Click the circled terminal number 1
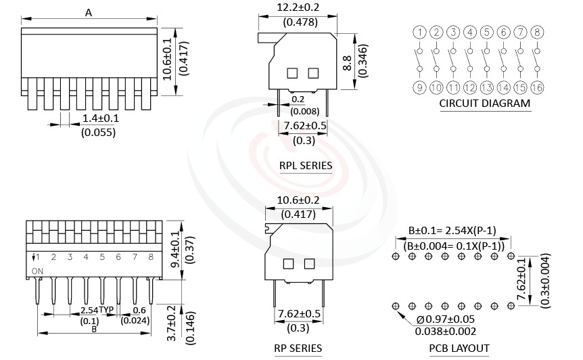point(420,32)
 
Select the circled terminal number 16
point(537,87)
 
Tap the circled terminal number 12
point(470,87)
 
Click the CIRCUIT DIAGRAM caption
point(484,104)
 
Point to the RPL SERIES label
point(306,166)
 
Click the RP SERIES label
point(298,348)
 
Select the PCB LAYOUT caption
point(459,348)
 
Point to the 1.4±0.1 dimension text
point(100,118)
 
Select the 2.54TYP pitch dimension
point(97,310)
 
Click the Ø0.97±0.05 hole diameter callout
point(446,319)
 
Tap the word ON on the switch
point(38,270)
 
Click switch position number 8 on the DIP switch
point(150,257)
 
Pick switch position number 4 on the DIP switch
point(86,257)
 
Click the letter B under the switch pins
point(94,329)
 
